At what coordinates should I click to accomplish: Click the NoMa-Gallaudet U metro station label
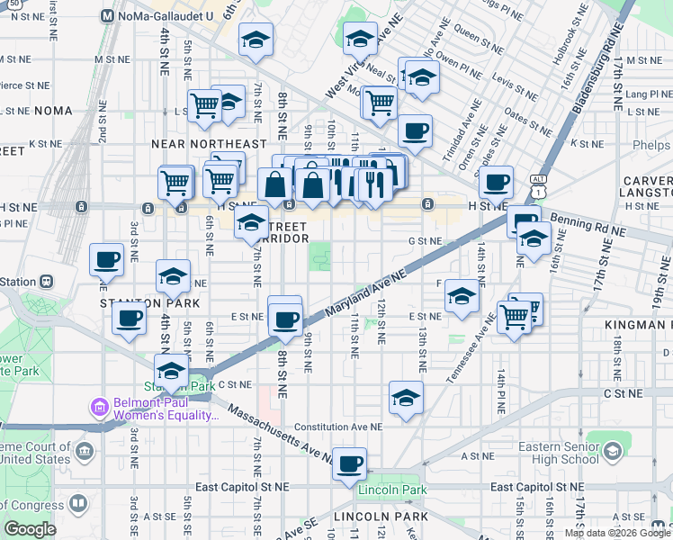pyautogui.click(x=162, y=15)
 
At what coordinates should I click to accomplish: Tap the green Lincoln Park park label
pyautogui.click(x=390, y=490)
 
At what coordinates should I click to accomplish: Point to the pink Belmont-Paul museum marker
pyautogui.click(x=99, y=408)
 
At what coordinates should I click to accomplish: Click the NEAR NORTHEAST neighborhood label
pyautogui.click(x=209, y=144)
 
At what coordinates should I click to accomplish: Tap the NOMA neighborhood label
pyautogui.click(x=52, y=111)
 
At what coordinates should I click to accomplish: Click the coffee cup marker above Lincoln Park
pyautogui.click(x=349, y=464)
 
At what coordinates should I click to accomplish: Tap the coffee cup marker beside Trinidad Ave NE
pyautogui.click(x=415, y=131)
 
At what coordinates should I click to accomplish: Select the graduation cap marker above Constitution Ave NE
pyautogui.click(x=406, y=397)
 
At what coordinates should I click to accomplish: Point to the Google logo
pyautogui.click(x=31, y=529)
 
